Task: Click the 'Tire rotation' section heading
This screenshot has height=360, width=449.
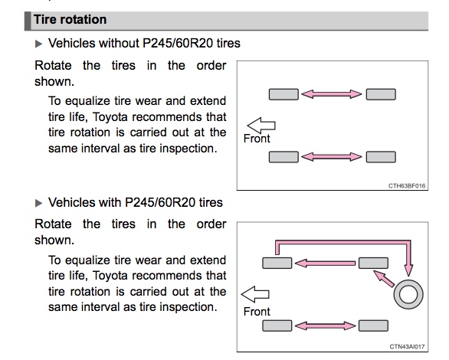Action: (x=70, y=19)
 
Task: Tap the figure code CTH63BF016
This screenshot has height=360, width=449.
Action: (x=407, y=185)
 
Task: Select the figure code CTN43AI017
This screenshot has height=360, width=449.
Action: (x=407, y=346)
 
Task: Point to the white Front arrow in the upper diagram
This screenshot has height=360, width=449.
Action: (x=261, y=126)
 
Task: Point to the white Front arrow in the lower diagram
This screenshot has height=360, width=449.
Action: (x=255, y=294)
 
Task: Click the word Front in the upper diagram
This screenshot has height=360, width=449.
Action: (x=257, y=139)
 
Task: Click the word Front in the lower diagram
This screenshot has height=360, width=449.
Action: (x=257, y=311)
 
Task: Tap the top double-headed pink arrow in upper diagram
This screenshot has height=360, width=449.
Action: (x=332, y=94)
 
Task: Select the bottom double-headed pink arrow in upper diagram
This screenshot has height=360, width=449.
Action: (x=332, y=156)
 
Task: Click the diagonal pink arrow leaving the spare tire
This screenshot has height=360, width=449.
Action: (x=384, y=279)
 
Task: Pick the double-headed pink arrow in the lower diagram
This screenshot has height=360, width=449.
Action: (x=326, y=326)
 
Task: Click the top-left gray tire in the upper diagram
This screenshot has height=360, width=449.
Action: (x=283, y=94)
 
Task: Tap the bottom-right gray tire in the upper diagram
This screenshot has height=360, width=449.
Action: (x=381, y=157)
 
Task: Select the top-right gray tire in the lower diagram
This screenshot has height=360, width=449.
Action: (x=373, y=263)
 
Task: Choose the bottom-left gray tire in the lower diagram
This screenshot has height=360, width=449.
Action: (x=277, y=326)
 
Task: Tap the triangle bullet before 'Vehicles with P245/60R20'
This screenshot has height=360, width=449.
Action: (x=38, y=203)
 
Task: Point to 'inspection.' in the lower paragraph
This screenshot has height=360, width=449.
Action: (x=188, y=308)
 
